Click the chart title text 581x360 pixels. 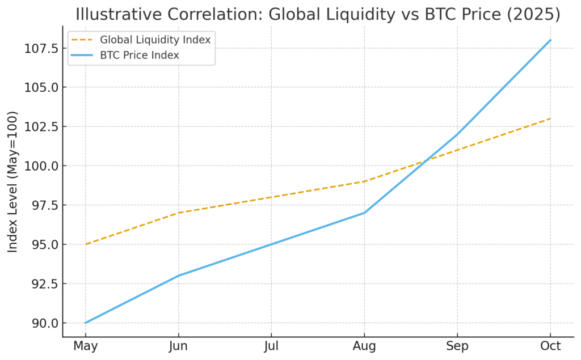click(318, 14)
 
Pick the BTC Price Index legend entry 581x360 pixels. click(140, 55)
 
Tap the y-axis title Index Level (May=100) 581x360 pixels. click(13, 181)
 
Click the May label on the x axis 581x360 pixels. click(86, 346)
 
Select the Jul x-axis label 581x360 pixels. click(271, 346)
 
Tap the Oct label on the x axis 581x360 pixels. click(550, 346)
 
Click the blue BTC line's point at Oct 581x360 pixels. click(550, 40)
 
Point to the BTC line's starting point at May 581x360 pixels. click(86, 323)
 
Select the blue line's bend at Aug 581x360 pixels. click(364, 213)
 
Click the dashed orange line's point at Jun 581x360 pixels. click(179, 213)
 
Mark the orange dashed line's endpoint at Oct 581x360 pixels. click(550, 118)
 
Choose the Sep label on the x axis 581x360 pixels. click(457, 346)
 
